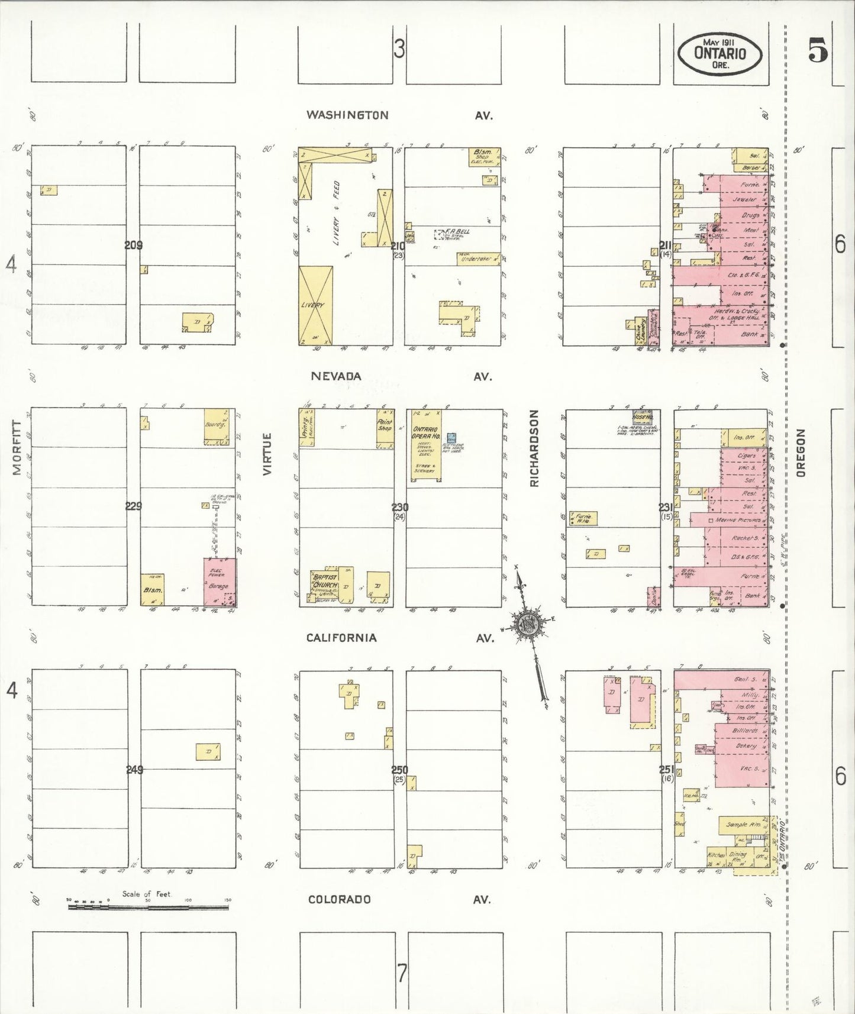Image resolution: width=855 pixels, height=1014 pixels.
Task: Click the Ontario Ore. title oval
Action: click(x=720, y=53)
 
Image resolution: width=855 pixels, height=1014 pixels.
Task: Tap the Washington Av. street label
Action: click(x=347, y=115)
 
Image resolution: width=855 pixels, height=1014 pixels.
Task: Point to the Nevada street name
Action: click(x=335, y=376)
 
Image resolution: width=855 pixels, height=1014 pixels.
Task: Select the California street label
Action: click(x=341, y=637)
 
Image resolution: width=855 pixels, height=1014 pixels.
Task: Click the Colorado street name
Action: click(x=339, y=899)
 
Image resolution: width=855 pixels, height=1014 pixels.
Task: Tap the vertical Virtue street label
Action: click(x=267, y=454)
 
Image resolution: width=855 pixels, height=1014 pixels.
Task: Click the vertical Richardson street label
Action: click(x=535, y=448)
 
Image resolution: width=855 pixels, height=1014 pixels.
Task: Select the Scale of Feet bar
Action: click(x=147, y=906)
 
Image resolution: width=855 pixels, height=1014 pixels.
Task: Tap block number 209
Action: click(x=134, y=245)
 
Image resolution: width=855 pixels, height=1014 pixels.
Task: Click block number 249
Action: click(x=134, y=770)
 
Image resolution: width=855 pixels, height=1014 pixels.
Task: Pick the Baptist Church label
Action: click(x=325, y=581)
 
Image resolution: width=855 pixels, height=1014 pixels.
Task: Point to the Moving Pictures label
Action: click(x=738, y=520)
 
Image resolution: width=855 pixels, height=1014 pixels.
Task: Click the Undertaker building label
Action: click(x=476, y=259)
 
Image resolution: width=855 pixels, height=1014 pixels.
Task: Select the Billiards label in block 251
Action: click(x=744, y=731)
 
